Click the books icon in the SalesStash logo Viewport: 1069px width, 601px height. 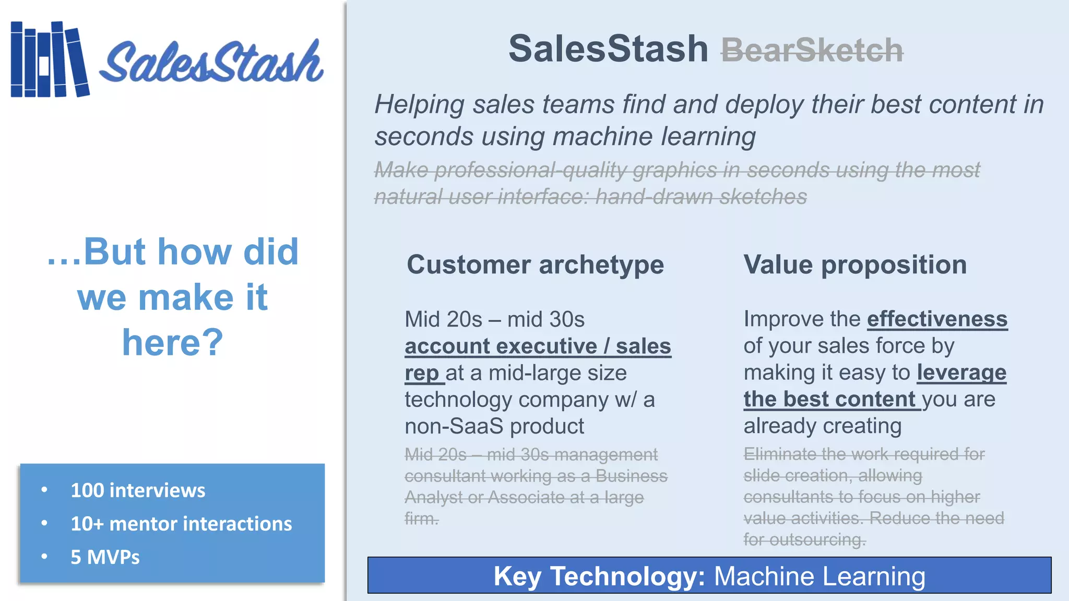[50, 59]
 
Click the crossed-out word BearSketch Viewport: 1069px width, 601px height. [812, 51]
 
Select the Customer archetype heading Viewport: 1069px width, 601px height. [535, 265]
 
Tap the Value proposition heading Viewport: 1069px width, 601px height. [855, 265]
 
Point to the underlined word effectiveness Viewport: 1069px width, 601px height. [937, 319]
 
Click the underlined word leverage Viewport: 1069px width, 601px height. [961, 372]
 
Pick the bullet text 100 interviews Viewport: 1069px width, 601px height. [138, 490]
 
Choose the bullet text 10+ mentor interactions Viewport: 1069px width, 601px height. [181, 524]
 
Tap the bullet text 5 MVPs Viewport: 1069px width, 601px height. [105, 557]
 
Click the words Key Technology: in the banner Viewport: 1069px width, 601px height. [599, 576]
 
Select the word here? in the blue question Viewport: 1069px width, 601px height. [172, 342]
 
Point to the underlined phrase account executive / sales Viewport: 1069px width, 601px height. [538, 346]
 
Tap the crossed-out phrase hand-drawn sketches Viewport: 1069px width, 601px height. [701, 197]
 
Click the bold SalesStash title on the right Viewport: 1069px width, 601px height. [608, 49]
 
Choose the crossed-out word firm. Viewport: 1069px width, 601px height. [421, 519]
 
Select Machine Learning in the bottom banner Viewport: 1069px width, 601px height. [819, 576]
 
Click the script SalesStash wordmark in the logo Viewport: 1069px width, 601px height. [211, 63]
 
